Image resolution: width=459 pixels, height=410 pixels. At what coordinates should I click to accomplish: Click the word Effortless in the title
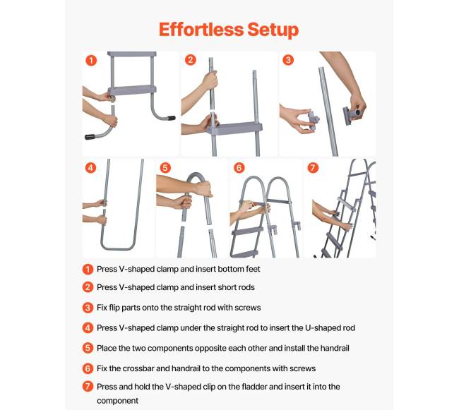tap(201, 29)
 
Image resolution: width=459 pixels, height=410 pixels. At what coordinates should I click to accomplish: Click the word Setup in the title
tap(273, 30)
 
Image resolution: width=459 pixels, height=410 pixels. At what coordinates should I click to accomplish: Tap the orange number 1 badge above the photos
tap(91, 61)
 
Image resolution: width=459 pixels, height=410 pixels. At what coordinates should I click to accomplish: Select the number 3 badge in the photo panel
tap(288, 60)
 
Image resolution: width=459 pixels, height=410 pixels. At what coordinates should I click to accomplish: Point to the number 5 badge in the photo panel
tap(165, 168)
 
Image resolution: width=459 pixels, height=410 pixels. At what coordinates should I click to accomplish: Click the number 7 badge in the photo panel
tap(313, 167)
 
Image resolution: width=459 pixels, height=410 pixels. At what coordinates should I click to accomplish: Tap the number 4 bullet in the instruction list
tap(88, 328)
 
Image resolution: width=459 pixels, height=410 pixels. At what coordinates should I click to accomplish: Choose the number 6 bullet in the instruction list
tap(88, 368)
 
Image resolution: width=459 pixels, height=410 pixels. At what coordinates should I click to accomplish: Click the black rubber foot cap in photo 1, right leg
tap(172, 118)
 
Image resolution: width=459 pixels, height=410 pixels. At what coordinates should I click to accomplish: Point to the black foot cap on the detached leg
tap(90, 137)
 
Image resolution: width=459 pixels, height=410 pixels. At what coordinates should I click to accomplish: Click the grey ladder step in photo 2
tap(234, 128)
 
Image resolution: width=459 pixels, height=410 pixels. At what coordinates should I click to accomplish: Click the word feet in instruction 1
tap(253, 269)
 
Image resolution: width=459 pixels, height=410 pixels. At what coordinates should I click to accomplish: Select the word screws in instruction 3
tap(248, 308)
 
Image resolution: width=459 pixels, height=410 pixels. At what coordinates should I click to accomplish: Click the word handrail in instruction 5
tap(335, 349)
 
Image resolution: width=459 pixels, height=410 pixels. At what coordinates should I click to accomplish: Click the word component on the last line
tap(118, 401)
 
